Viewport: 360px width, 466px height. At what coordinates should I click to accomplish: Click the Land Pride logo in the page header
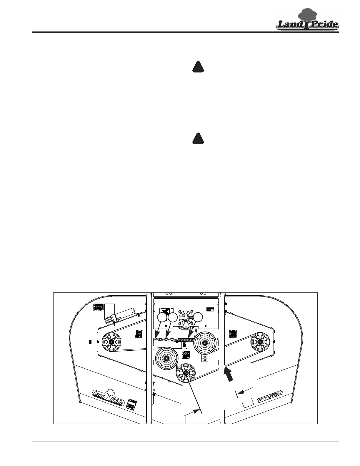point(307,20)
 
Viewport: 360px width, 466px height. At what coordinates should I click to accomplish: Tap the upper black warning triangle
point(198,67)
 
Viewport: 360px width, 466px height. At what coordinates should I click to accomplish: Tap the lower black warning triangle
point(198,139)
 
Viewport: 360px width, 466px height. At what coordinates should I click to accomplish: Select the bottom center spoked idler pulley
point(186,373)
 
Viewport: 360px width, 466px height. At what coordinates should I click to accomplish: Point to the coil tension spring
point(185,340)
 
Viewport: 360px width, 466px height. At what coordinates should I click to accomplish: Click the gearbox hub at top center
point(186,318)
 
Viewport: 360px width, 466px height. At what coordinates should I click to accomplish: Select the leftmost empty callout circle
point(162,317)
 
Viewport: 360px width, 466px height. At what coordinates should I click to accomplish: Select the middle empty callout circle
point(173,317)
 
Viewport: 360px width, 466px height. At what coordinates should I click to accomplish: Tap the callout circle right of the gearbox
point(198,317)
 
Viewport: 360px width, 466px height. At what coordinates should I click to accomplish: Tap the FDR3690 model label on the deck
point(270,396)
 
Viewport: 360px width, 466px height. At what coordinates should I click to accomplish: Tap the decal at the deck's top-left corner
point(98,307)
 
